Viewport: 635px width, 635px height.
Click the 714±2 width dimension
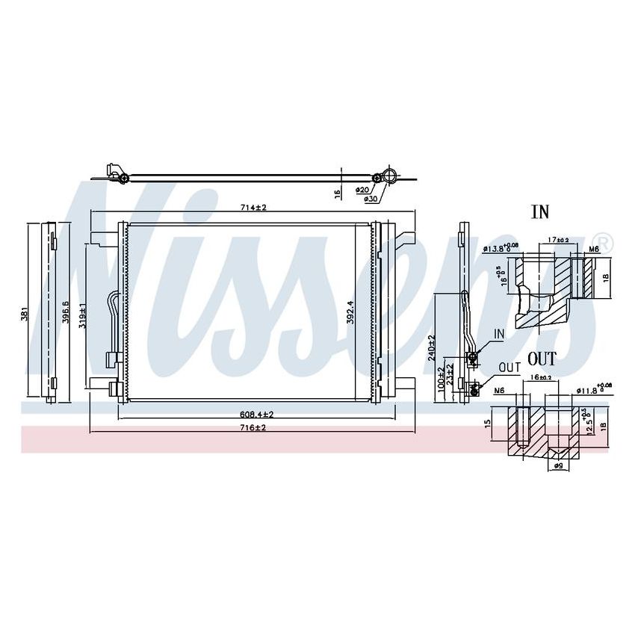(x=253, y=207)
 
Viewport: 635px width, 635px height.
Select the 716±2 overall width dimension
(x=253, y=427)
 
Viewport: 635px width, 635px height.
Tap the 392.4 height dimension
(x=348, y=312)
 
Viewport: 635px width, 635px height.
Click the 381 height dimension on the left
(x=25, y=312)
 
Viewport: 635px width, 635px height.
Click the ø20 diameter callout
(x=362, y=190)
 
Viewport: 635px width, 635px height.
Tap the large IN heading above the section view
(x=539, y=212)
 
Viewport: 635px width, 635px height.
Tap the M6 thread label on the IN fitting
(x=595, y=249)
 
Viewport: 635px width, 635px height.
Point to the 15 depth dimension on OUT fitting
(x=487, y=424)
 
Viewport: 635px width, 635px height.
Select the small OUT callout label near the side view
(x=509, y=367)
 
